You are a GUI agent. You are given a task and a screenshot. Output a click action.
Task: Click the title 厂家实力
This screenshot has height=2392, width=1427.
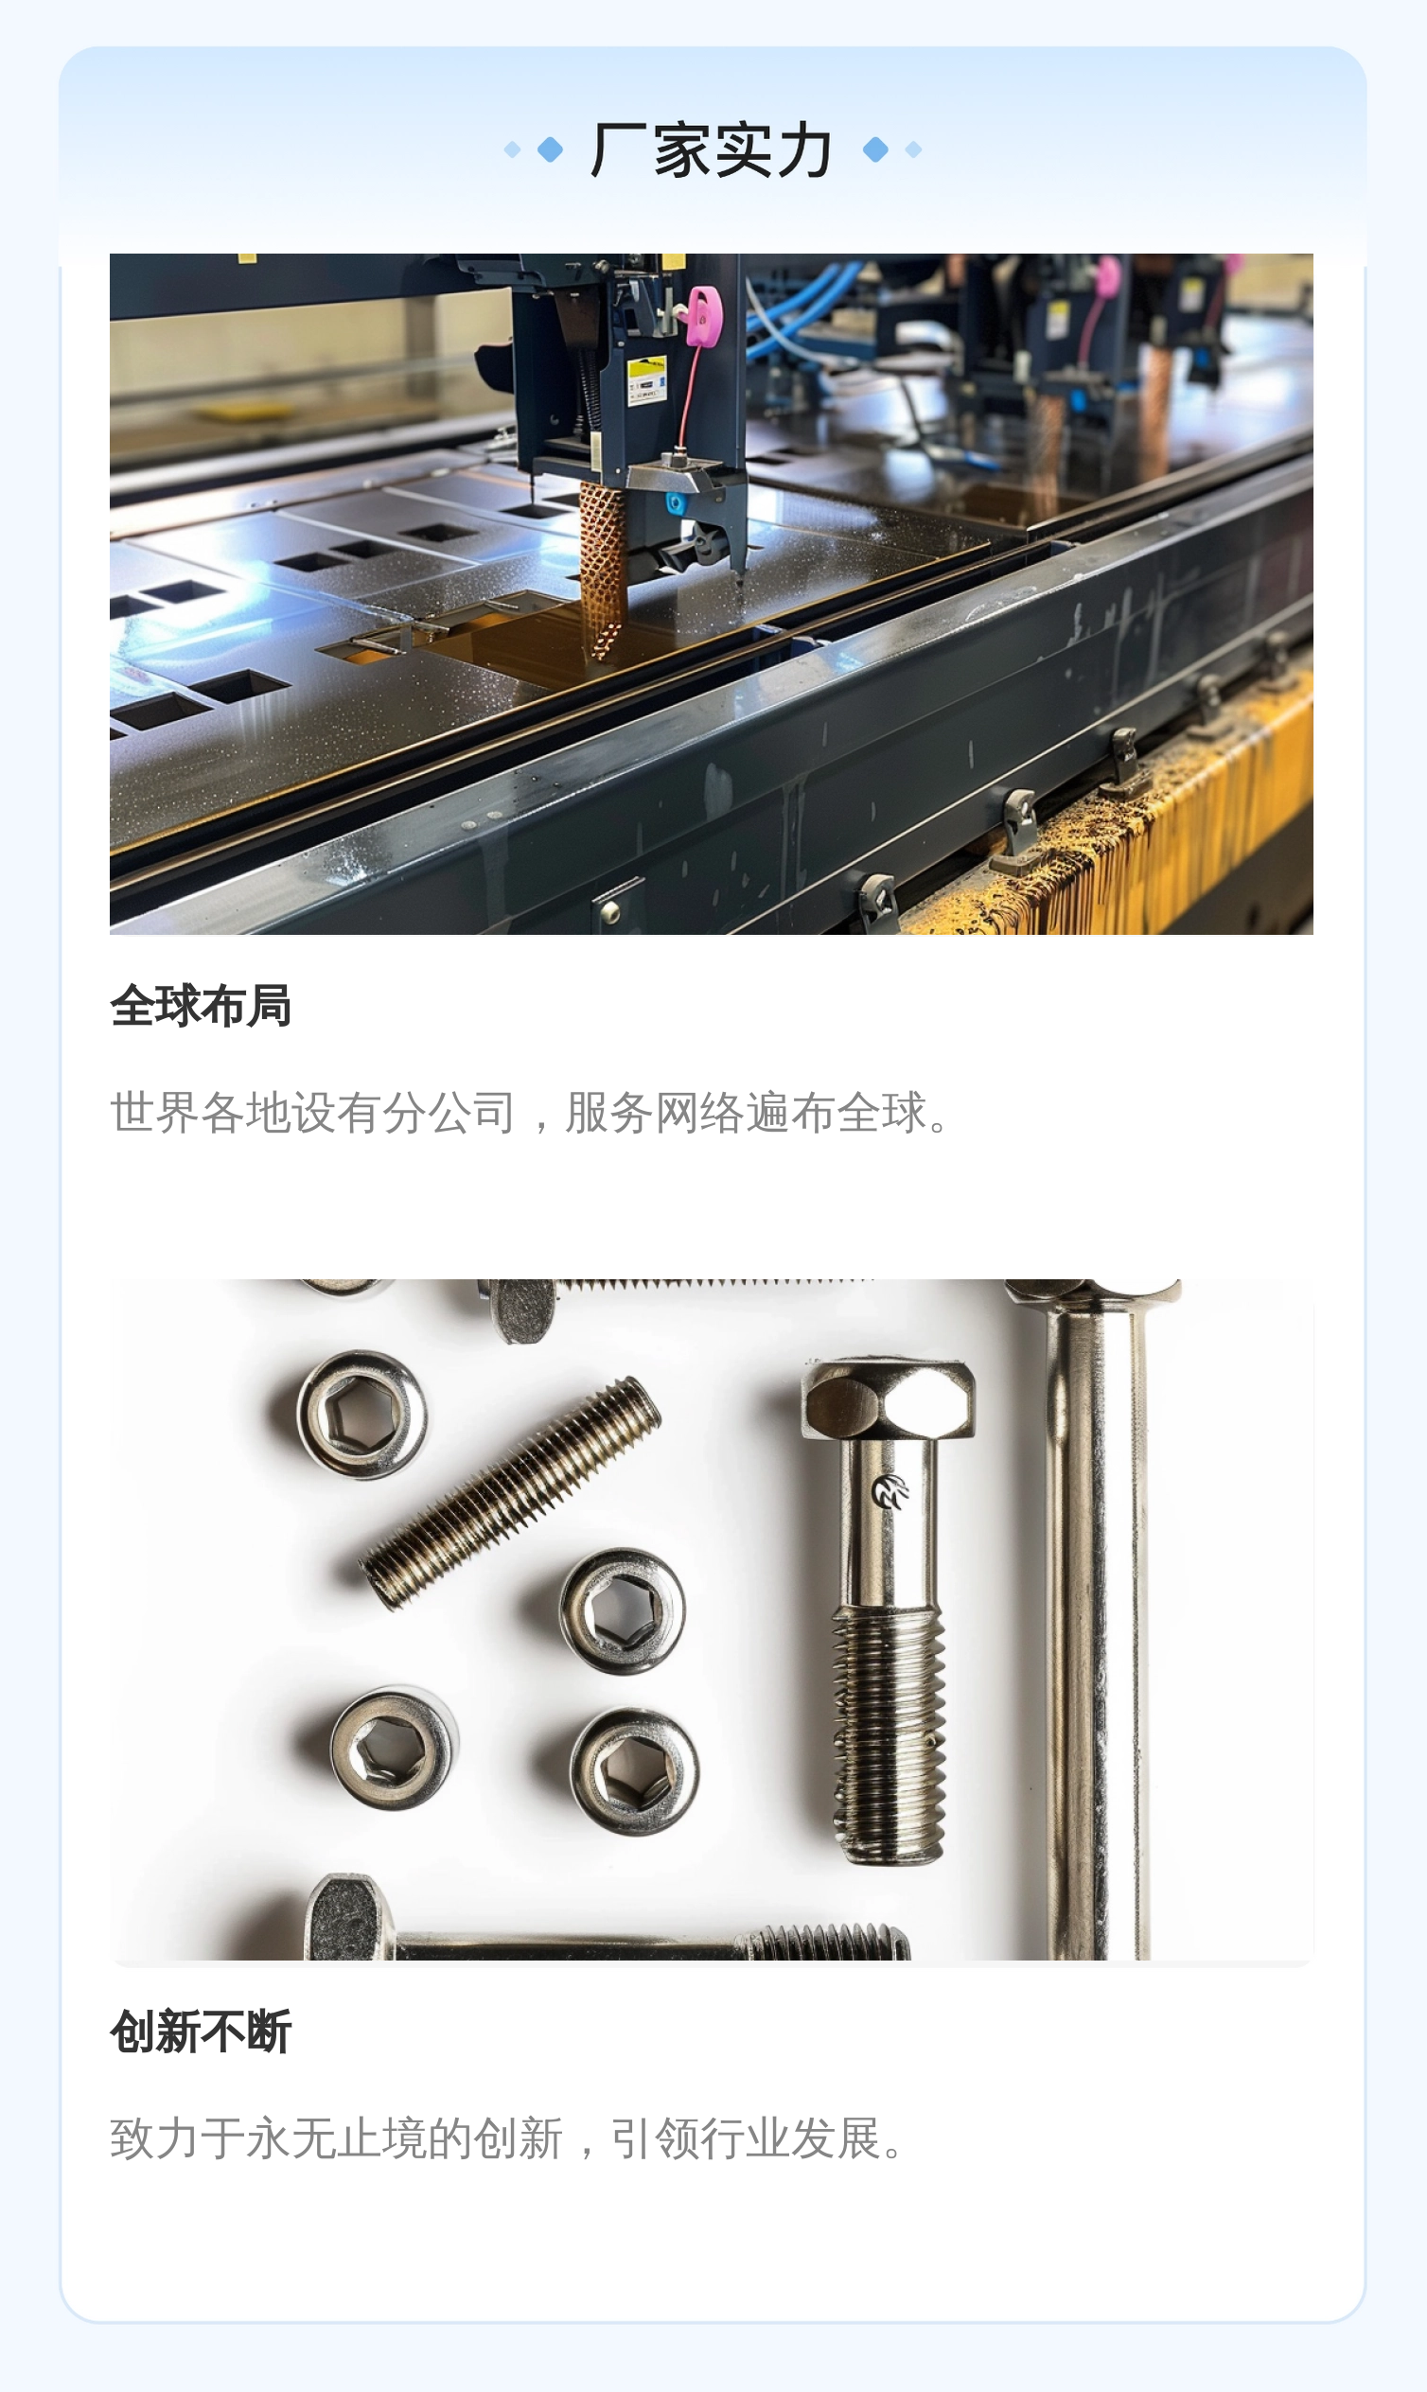(712, 150)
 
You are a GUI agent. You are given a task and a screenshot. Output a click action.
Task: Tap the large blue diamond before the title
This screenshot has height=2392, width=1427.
(550, 150)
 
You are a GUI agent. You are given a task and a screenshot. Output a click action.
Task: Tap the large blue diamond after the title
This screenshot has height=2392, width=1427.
(875, 150)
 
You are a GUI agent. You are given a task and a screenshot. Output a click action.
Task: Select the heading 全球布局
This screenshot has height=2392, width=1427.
(201, 1006)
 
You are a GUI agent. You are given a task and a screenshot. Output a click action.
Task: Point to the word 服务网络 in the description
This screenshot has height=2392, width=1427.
(654, 1113)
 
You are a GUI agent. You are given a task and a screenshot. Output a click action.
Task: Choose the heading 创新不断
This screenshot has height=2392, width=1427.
(201, 2031)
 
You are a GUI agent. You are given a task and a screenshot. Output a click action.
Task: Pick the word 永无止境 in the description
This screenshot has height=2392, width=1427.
(337, 2138)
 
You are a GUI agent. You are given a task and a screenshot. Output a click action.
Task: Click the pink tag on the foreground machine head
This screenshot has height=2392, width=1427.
(704, 316)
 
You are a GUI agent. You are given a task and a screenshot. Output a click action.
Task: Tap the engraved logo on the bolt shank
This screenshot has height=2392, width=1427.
(890, 1492)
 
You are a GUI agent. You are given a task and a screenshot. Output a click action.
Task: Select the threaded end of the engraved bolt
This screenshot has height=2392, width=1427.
(889, 1735)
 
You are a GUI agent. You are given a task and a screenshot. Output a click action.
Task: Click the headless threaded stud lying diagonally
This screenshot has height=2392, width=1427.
(511, 1492)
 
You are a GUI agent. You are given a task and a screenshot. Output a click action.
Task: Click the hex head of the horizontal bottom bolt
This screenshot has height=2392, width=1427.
(348, 1917)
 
